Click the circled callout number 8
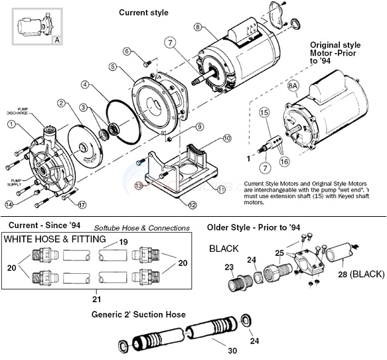point(197,27)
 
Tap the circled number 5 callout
point(114,67)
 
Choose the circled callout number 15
point(264,113)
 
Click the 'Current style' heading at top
point(143,13)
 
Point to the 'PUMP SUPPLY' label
point(15,181)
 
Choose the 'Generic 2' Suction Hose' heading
point(138,314)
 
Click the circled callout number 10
point(226,139)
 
